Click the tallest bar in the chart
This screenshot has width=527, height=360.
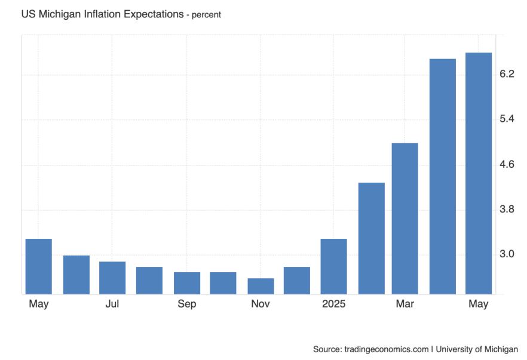479,173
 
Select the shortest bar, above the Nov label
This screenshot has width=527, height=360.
261,286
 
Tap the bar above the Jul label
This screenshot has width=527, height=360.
112,278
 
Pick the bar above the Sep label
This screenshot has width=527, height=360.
186,283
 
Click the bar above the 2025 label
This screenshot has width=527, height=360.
333,266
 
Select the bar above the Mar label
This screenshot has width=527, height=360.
405,219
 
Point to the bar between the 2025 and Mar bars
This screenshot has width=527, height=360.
371,238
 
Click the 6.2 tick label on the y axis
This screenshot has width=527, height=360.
507,74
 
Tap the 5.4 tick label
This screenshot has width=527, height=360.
507,119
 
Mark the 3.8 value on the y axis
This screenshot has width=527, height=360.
507,210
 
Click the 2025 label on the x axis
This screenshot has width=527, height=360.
333,304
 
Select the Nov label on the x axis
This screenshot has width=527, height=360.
261,304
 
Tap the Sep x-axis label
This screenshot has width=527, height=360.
186,304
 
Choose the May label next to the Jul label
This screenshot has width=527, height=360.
39,304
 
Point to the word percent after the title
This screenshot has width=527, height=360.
206,15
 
